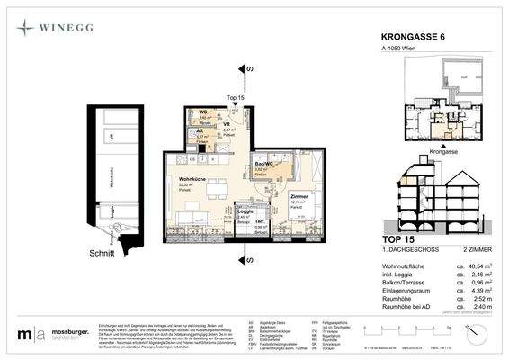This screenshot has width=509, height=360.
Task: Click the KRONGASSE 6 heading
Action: [407, 38]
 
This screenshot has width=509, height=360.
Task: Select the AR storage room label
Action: [201, 132]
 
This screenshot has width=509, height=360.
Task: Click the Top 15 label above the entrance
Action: [236, 96]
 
